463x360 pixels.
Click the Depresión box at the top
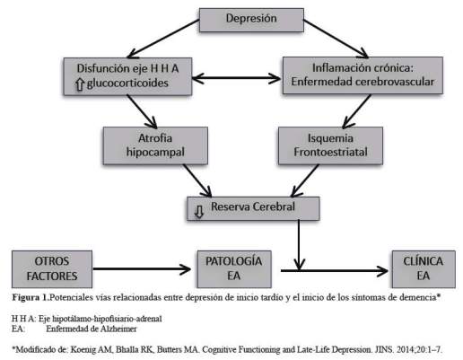tap(251, 20)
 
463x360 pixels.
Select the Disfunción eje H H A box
tap(127, 76)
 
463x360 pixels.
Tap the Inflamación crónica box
tap(363, 75)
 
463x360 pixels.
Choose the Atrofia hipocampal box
tap(155, 145)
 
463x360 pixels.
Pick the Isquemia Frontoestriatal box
tap(330, 145)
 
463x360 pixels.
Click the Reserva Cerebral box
tap(253, 208)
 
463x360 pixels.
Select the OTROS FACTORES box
tap(52, 269)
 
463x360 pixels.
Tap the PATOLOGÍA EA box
tap(234, 269)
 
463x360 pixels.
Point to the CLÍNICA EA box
tap(424, 269)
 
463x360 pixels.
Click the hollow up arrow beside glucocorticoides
tap(80, 84)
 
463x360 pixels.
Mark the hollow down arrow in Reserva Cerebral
tap(199, 212)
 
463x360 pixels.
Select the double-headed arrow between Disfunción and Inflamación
tap(236, 78)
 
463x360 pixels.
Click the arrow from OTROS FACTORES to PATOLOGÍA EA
tap(142, 268)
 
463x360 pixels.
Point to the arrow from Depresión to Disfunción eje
tap(163, 39)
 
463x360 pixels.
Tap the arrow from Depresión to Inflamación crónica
tap(336, 39)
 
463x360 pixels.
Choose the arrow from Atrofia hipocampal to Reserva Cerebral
tap(197, 180)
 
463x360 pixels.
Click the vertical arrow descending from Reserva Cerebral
tap(299, 245)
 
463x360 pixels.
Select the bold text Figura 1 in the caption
tap(31, 297)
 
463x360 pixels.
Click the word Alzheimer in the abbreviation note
tap(118, 329)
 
